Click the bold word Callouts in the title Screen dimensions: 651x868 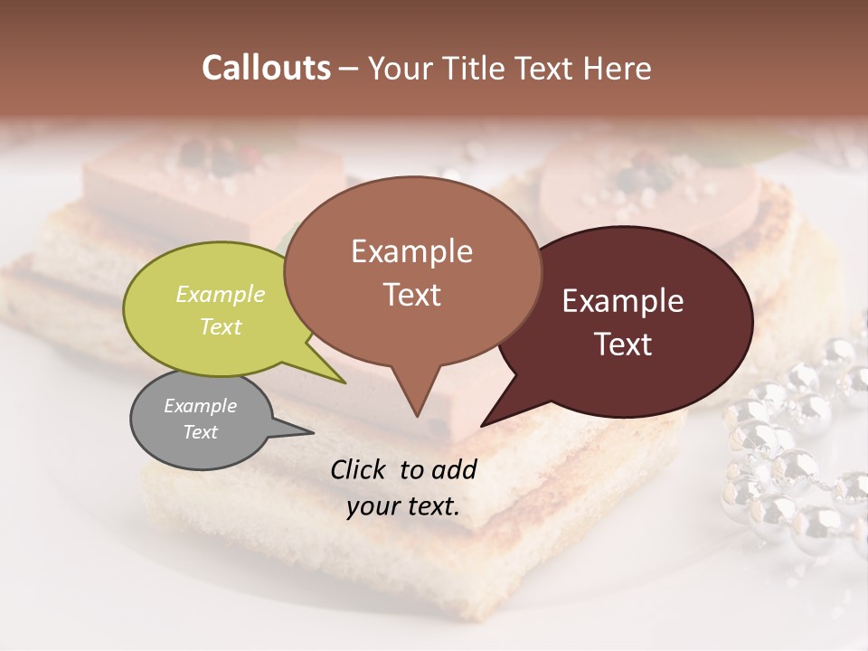point(266,68)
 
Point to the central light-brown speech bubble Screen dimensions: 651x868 point(412,271)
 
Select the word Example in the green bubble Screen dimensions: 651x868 point(221,295)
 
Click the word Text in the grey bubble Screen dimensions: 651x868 point(201,432)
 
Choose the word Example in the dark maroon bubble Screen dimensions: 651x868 point(623,301)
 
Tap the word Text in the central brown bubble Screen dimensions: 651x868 point(412,295)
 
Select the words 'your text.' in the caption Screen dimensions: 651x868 point(403,506)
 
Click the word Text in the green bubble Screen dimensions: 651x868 point(221,326)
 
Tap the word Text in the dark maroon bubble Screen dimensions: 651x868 point(624,344)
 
